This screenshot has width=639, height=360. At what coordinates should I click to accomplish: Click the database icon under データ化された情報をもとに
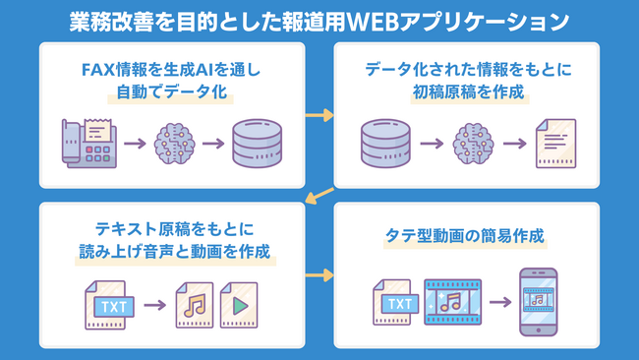(x=384, y=144)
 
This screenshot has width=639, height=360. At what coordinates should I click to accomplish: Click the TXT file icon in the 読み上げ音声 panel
(x=108, y=304)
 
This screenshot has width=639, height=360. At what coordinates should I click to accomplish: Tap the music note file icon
(x=194, y=304)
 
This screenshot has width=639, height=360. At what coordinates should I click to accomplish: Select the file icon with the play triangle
(x=240, y=304)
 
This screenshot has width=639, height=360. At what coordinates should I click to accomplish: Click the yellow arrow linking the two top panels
(x=319, y=116)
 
